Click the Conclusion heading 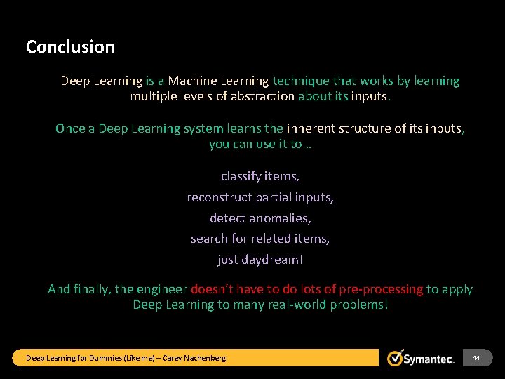[x=70, y=47]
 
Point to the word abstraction [x=261, y=96]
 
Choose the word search [x=209, y=239]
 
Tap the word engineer [x=162, y=289]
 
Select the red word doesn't [x=217, y=289]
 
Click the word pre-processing [x=381, y=289]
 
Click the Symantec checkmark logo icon [x=396, y=358]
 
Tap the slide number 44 [x=476, y=358]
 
